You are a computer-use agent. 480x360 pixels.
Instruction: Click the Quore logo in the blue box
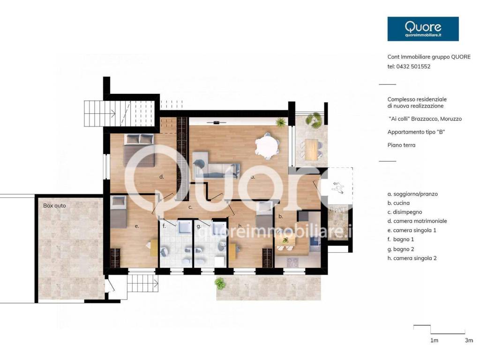423,29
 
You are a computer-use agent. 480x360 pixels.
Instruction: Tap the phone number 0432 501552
413,67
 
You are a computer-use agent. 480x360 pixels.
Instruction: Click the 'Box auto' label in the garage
54,206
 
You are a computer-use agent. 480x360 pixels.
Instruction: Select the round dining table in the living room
267,146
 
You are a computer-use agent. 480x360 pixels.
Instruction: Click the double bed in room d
139,150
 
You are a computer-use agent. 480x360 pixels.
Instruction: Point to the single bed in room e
119,212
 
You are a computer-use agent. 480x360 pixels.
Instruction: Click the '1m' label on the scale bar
434,340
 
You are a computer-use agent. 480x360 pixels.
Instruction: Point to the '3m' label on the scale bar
469,340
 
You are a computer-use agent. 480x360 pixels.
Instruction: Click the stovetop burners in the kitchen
292,262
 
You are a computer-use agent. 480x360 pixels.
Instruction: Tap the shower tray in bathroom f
185,227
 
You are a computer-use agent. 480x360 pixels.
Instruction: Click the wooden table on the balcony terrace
311,150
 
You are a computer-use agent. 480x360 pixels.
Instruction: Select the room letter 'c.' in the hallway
190,207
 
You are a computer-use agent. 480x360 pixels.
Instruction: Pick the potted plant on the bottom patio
220,284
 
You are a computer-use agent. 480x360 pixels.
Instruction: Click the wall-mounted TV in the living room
217,123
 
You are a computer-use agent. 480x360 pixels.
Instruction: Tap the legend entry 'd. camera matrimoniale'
417,221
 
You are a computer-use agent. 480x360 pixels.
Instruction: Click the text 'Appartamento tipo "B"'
416,132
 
